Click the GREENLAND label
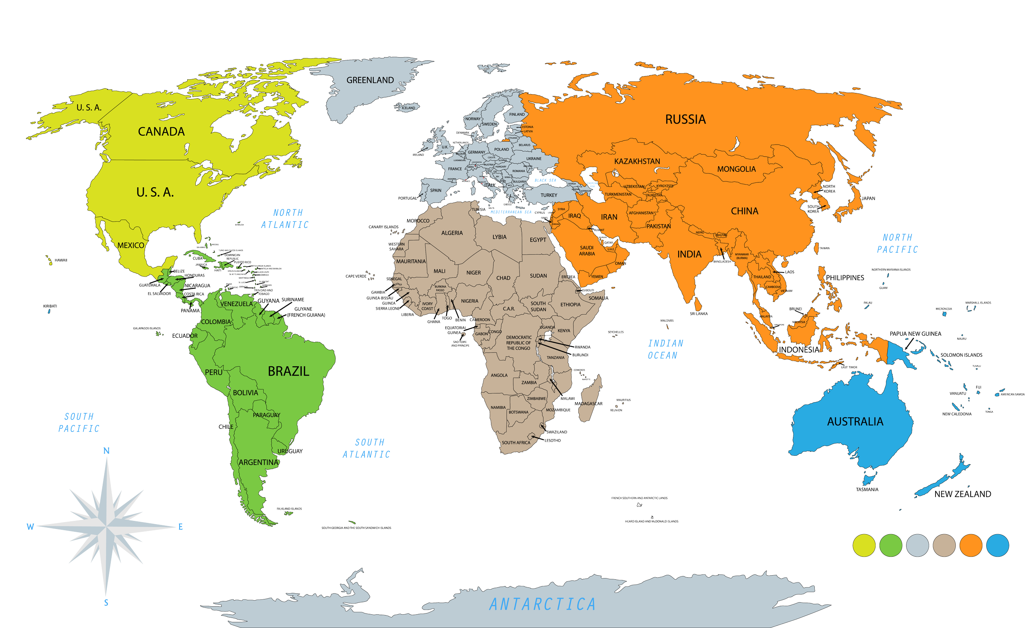[370, 80]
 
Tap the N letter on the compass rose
[106, 451]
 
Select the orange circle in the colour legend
[971, 545]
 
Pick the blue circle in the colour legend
[998, 545]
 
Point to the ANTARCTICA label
[542, 604]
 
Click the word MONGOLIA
[737, 169]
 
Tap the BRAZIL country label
[288, 371]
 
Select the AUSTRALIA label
[855, 421]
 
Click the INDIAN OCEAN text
[665, 349]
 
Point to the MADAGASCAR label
[588, 403]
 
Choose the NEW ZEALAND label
[963, 494]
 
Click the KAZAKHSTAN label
[637, 161]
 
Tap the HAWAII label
[61, 260]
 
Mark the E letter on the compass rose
[180, 527]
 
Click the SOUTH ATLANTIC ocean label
[366, 448]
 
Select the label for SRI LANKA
[699, 314]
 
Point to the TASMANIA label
[867, 489]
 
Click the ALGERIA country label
[452, 233]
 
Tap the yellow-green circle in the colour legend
[863, 545]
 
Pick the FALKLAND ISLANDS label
[289, 509]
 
